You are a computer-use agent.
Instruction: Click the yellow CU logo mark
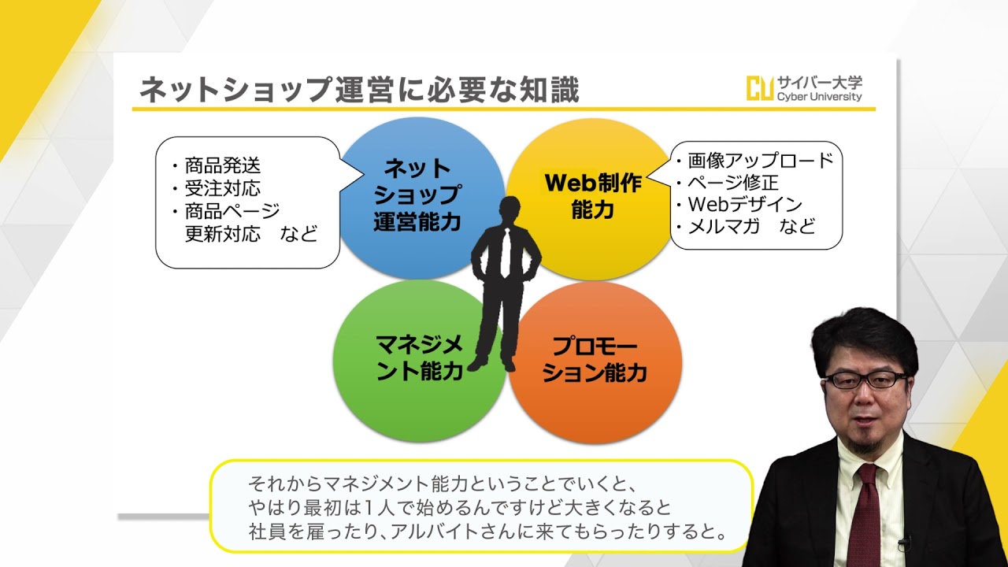click(760, 88)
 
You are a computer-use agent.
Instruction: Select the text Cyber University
click(820, 97)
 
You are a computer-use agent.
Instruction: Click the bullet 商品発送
click(222, 165)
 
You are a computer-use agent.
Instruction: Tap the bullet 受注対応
click(222, 188)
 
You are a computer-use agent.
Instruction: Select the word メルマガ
click(724, 226)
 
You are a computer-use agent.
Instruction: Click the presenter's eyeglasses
click(865, 380)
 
